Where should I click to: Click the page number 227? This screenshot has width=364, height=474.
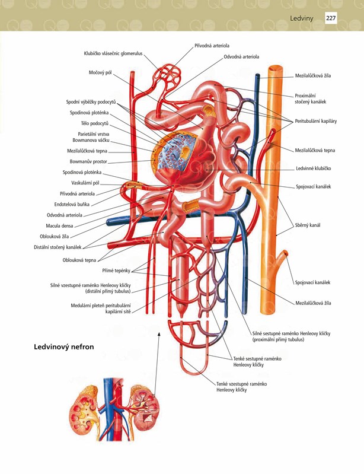click(x=331, y=18)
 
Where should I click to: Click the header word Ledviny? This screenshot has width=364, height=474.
click(x=302, y=18)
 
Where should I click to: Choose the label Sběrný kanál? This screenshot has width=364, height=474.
click(x=308, y=225)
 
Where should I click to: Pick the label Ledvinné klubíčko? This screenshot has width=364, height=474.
click(x=313, y=168)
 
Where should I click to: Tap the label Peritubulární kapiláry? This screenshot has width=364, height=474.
click(x=316, y=121)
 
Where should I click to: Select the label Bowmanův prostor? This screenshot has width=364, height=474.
click(x=88, y=161)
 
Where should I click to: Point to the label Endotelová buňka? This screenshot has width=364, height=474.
click(x=72, y=204)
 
